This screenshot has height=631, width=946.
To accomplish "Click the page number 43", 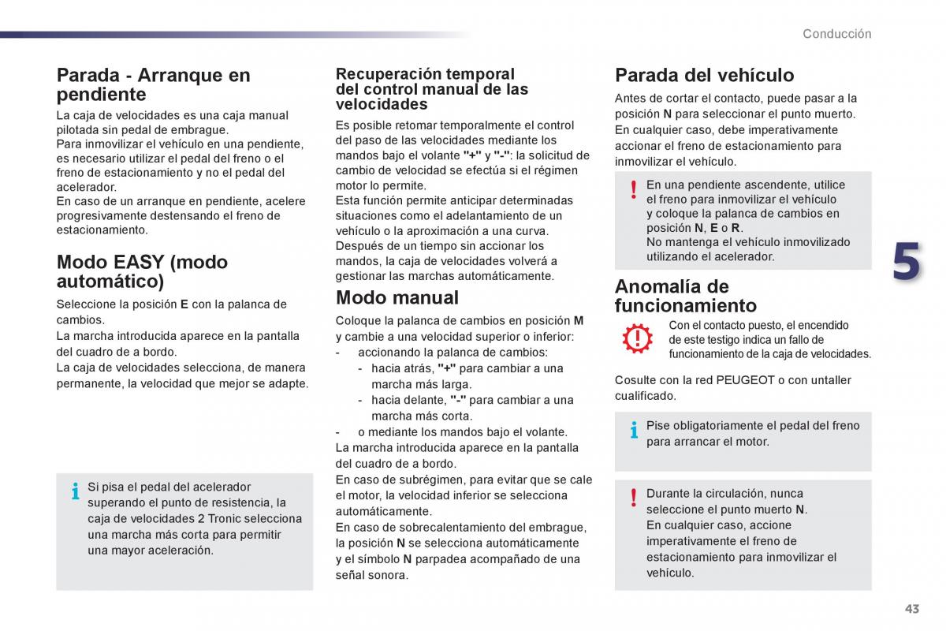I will pyautogui.click(x=912, y=609).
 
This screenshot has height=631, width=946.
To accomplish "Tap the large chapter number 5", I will pyautogui.click(x=906, y=263).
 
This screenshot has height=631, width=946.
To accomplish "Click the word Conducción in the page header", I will pyautogui.click(x=837, y=34).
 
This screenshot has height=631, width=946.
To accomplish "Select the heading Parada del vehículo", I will pyautogui.click(x=704, y=75).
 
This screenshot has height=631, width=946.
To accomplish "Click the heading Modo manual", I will pyautogui.click(x=397, y=297).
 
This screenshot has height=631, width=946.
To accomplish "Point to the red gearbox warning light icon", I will pyautogui.click(x=637, y=338).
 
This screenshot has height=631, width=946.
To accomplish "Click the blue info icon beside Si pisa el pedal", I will pyautogui.click(x=76, y=491).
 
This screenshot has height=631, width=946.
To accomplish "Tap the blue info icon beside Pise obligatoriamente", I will pyautogui.click(x=633, y=430).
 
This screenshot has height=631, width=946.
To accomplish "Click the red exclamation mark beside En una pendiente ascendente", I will pyautogui.click(x=633, y=189).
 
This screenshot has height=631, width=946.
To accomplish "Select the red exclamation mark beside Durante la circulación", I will pyautogui.click(x=633, y=498).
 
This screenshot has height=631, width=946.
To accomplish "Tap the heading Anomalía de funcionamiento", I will pyautogui.click(x=685, y=296).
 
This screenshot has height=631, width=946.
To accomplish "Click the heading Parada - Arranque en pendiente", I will pyautogui.click(x=153, y=84).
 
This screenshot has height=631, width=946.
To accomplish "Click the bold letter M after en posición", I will pyautogui.click(x=579, y=320).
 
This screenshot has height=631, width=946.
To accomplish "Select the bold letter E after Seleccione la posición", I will pyautogui.click(x=184, y=304).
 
